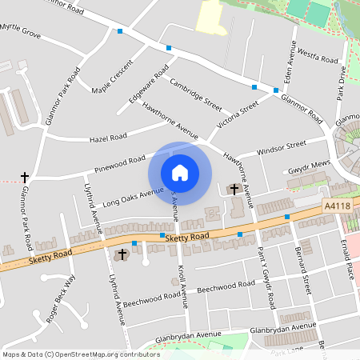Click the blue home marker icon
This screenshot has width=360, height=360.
point(180,173)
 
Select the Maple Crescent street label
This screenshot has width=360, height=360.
point(112,76)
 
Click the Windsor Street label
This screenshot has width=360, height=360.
point(282,149)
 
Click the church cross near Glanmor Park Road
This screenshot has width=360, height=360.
point(24,176)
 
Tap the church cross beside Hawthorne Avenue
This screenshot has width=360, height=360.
point(234,189)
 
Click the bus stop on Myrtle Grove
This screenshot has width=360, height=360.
point(120,31)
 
